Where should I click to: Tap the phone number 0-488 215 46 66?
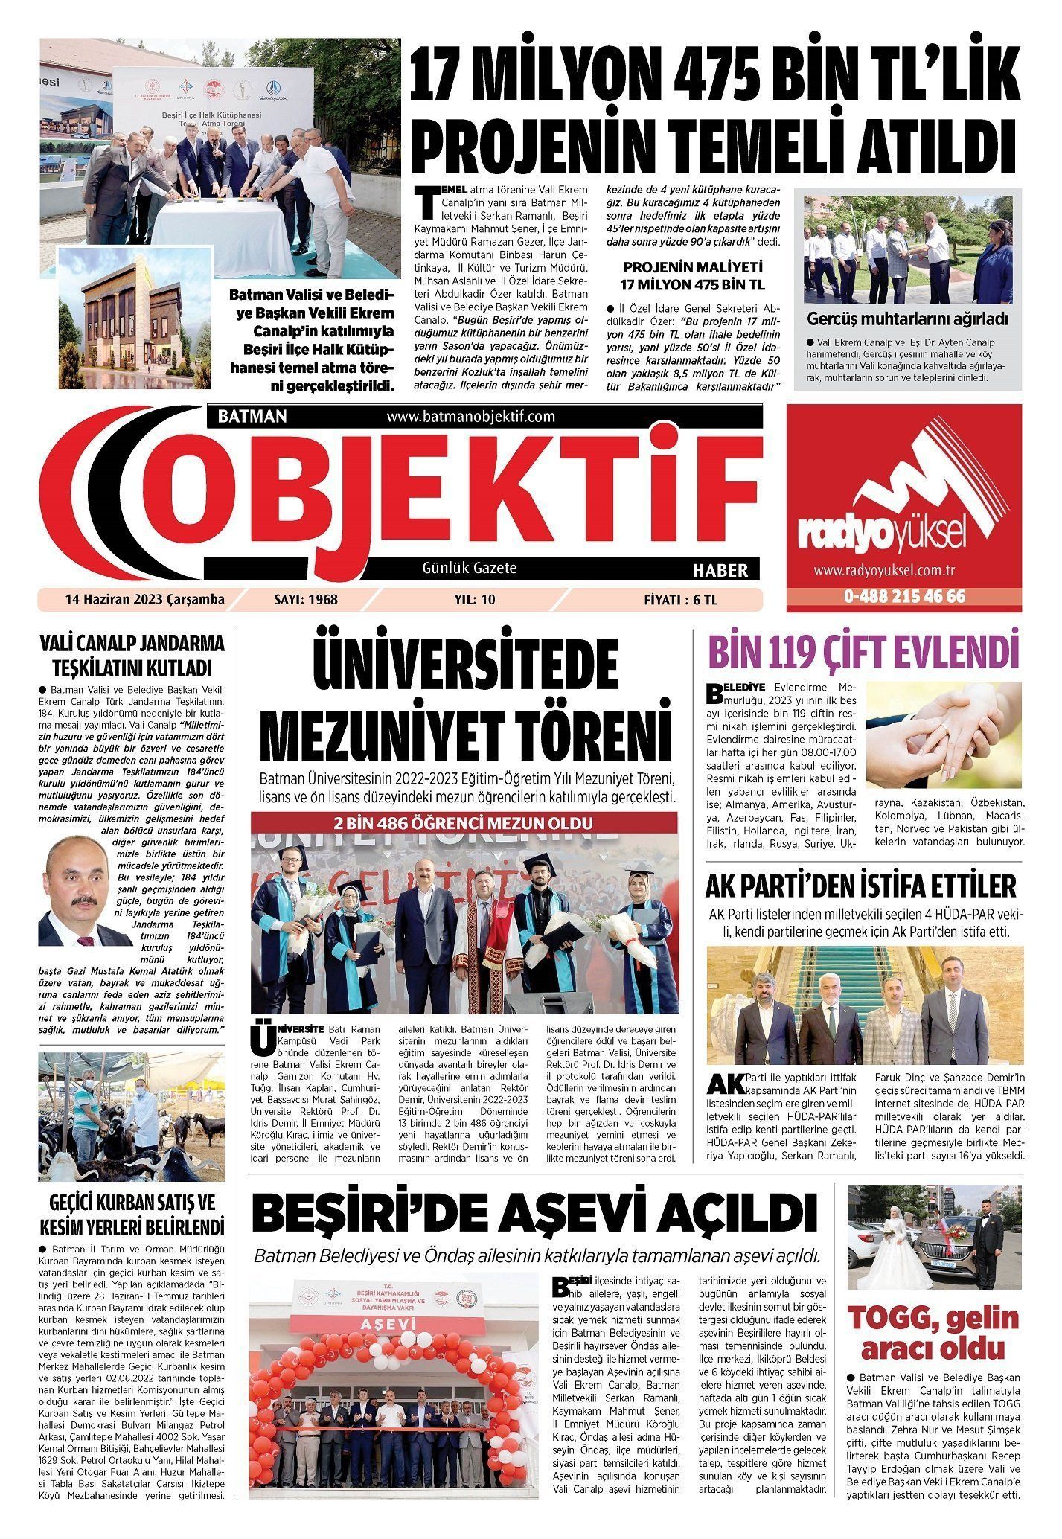tap(903, 598)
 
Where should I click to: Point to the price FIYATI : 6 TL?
tap(685, 600)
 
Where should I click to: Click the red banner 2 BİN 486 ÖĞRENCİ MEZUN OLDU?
tap(464, 825)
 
